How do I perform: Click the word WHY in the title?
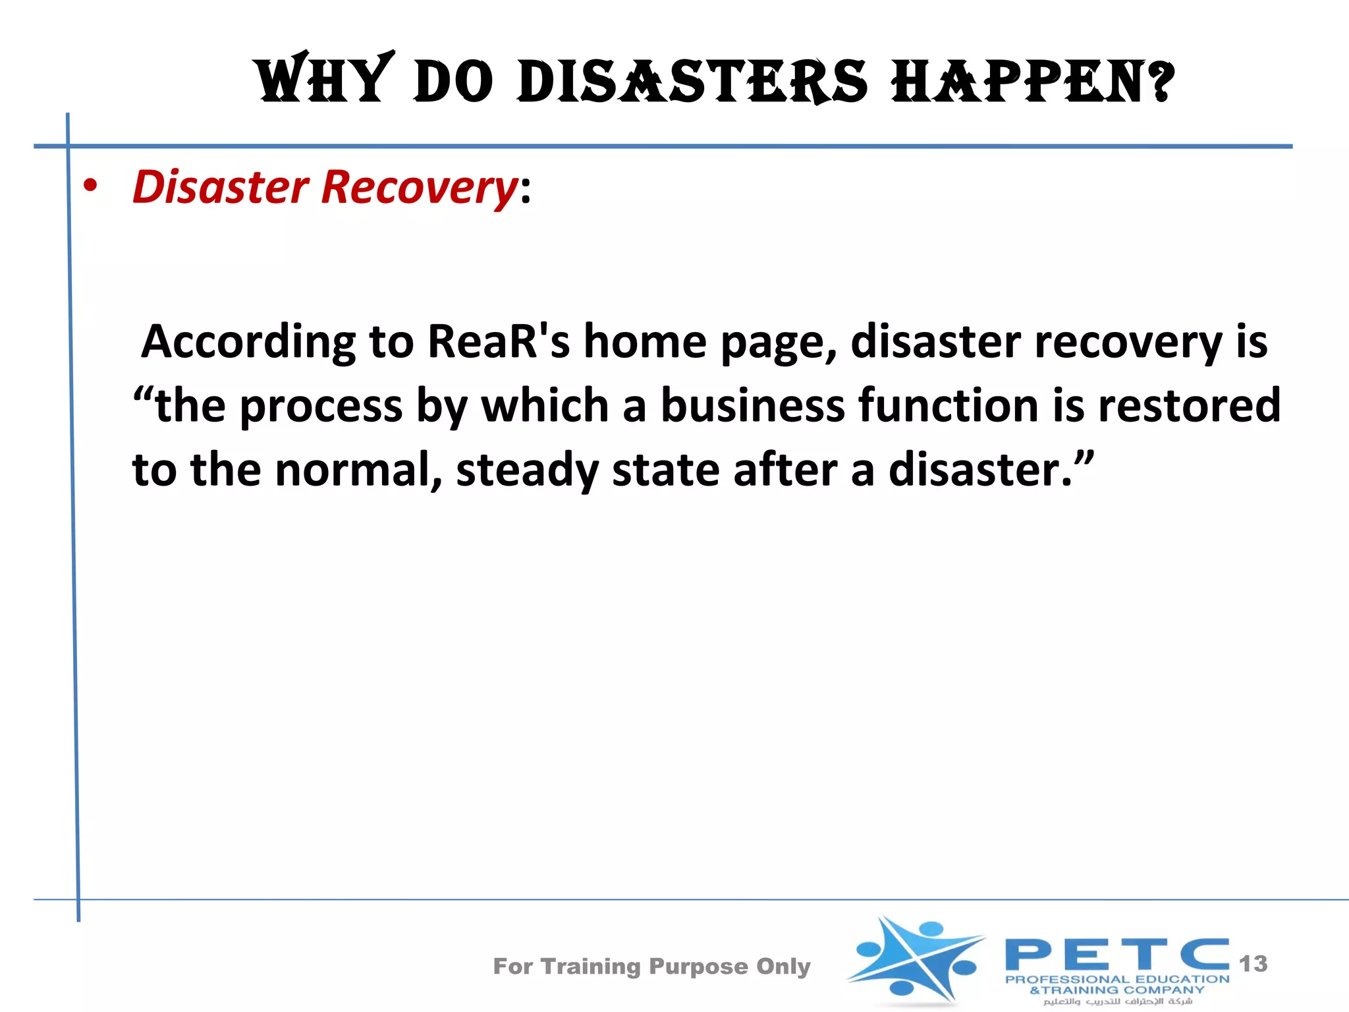pos(324,80)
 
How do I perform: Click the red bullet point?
pos(90,186)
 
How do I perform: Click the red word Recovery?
pos(420,188)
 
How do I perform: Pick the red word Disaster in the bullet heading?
pos(221,186)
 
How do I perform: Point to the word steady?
pos(527,470)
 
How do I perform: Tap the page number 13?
pos(1253,964)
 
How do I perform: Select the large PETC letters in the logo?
pos(1117,954)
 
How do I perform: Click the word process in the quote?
pos(321,407)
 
